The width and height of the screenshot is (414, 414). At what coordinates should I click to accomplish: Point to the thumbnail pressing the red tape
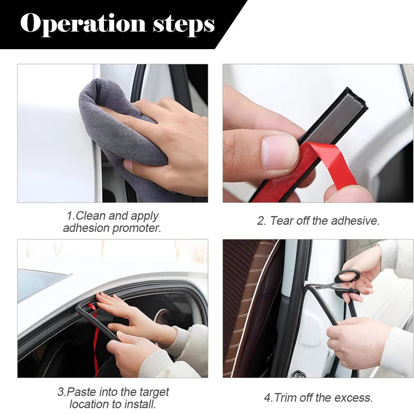pos(279,151)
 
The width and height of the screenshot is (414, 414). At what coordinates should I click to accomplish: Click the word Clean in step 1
pos(88,216)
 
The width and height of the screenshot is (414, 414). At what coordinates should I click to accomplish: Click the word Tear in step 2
pos(282,221)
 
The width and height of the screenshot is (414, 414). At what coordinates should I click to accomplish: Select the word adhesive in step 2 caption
pos(358,221)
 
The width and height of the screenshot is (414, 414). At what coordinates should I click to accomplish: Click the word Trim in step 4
pos(284,397)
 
